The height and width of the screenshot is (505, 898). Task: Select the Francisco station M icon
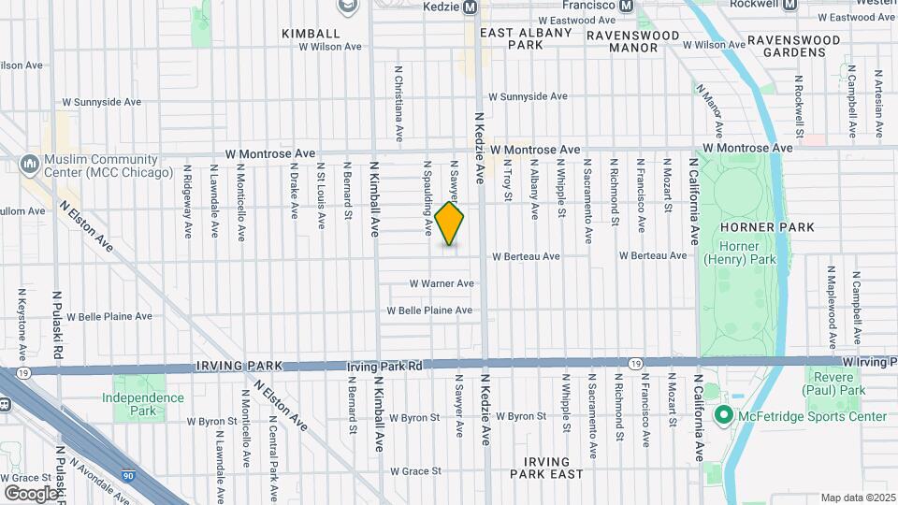pos(645,5)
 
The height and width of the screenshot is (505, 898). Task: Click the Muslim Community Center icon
pos(29,166)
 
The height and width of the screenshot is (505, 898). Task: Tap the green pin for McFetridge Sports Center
pos(722,415)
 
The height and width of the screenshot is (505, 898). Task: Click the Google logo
pos(31,492)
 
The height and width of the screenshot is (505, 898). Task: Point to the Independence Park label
pos(142,404)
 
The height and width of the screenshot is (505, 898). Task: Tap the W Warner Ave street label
pos(442,283)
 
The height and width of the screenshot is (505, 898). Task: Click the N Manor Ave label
pos(709,108)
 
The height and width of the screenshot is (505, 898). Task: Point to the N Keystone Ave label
pos(22,324)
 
